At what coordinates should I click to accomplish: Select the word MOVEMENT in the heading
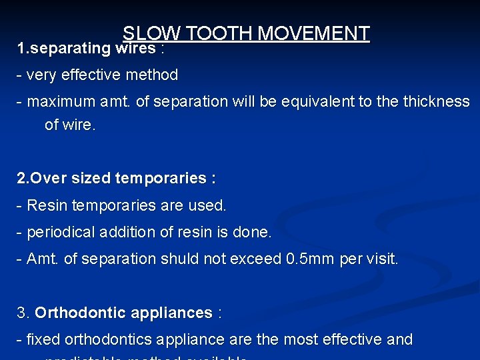click(x=314, y=33)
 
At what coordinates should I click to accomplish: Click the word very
click(x=42, y=75)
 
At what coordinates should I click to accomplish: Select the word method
click(x=154, y=75)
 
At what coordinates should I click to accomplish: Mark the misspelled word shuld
click(x=181, y=259)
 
